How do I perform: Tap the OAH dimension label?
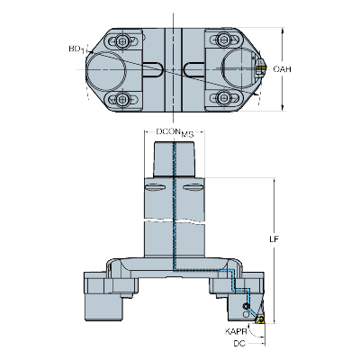click(281, 69)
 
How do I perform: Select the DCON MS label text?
click(175, 132)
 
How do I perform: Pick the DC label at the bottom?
click(238, 343)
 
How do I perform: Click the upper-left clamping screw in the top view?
click(119, 40)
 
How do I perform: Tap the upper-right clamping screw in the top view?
click(219, 40)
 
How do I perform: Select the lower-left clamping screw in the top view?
click(119, 98)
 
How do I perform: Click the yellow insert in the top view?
click(257, 68)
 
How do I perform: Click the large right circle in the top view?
click(240, 69)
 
